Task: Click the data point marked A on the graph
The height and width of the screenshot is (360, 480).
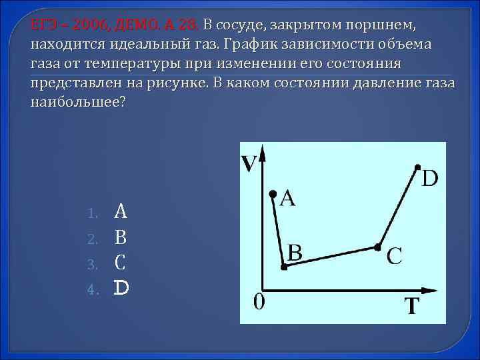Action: [x=272, y=194]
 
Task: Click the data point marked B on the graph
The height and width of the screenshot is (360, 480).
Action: [x=284, y=267]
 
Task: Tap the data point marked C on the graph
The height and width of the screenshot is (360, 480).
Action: [x=377, y=247]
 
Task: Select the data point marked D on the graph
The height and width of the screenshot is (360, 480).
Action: [x=418, y=166]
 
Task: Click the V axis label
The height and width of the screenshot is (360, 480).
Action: [x=249, y=163]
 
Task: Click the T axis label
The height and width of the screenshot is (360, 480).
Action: [x=413, y=307]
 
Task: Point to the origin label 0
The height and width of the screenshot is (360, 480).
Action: [x=259, y=301]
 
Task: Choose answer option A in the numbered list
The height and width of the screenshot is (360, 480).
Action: [x=121, y=212]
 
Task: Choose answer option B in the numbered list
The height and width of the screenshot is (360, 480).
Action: [x=121, y=237]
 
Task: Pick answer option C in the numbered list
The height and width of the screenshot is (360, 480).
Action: [x=121, y=263]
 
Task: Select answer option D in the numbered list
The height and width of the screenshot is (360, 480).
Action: [x=121, y=288]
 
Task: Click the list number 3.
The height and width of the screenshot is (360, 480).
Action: [x=93, y=264]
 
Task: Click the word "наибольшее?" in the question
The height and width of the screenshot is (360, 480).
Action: [x=77, y=103]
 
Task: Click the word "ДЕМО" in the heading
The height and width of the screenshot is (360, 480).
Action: [x=137, y=25]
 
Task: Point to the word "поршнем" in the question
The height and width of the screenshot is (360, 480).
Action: [x=379, y=25]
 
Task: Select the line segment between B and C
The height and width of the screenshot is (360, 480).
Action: [x=331, y=257]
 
